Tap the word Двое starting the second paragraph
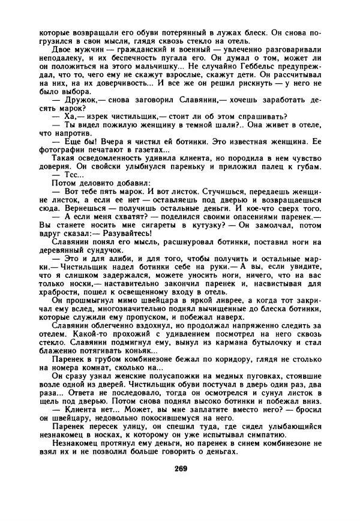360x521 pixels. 63,47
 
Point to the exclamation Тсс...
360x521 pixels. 68,173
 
